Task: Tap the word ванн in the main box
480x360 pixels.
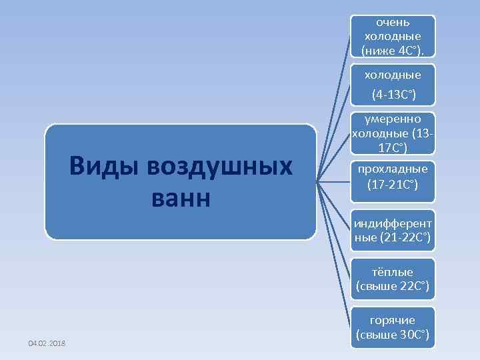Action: point(180,197)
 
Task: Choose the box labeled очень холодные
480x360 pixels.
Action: point(393,36)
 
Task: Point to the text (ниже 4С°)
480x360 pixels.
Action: point(393,50)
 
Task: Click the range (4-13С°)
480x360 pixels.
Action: point(393,96)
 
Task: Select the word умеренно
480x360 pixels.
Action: point(393,120)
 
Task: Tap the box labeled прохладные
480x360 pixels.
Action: point(393,180)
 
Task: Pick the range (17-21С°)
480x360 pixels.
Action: point(393,183)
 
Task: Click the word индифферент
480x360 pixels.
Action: point(393,222)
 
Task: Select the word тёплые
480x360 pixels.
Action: point(393,272)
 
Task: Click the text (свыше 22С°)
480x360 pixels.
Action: point(393,287)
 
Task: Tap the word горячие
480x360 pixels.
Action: point(393,320)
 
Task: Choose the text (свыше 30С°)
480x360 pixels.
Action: point(393,334)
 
